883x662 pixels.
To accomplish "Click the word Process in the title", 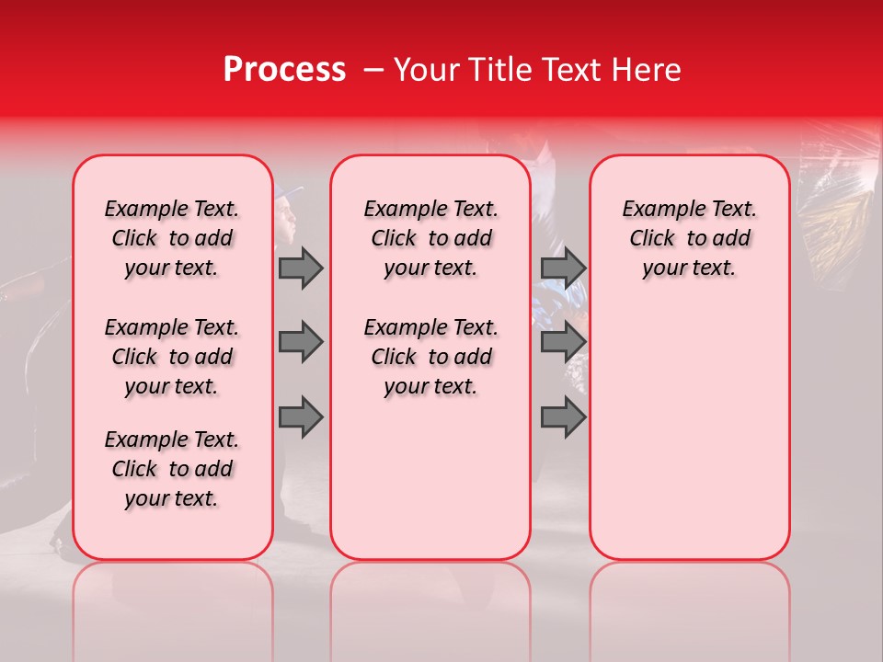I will click(284, 69).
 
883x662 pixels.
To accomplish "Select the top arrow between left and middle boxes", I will click(301, 268).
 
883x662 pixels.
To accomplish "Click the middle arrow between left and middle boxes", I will click(301, 343).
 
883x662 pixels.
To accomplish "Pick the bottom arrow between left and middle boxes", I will click(301, 417).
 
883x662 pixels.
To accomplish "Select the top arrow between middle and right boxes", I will click(563, 268).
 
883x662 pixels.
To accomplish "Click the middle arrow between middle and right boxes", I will click(563, 343).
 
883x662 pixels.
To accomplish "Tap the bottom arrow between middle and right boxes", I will click(563, 417).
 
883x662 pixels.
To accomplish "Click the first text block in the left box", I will click(172, 238).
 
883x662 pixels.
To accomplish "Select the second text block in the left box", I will click(172, 357).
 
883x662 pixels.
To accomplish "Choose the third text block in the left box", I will click(172, 469).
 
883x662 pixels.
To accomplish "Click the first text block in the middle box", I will click(430, 238).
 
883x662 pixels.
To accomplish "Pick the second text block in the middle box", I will click(430, 357).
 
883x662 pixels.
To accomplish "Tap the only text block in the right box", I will click(689, 238).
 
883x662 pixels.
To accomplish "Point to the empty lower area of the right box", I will click(689, 432).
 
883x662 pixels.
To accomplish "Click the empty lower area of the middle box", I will click(430, 478).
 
